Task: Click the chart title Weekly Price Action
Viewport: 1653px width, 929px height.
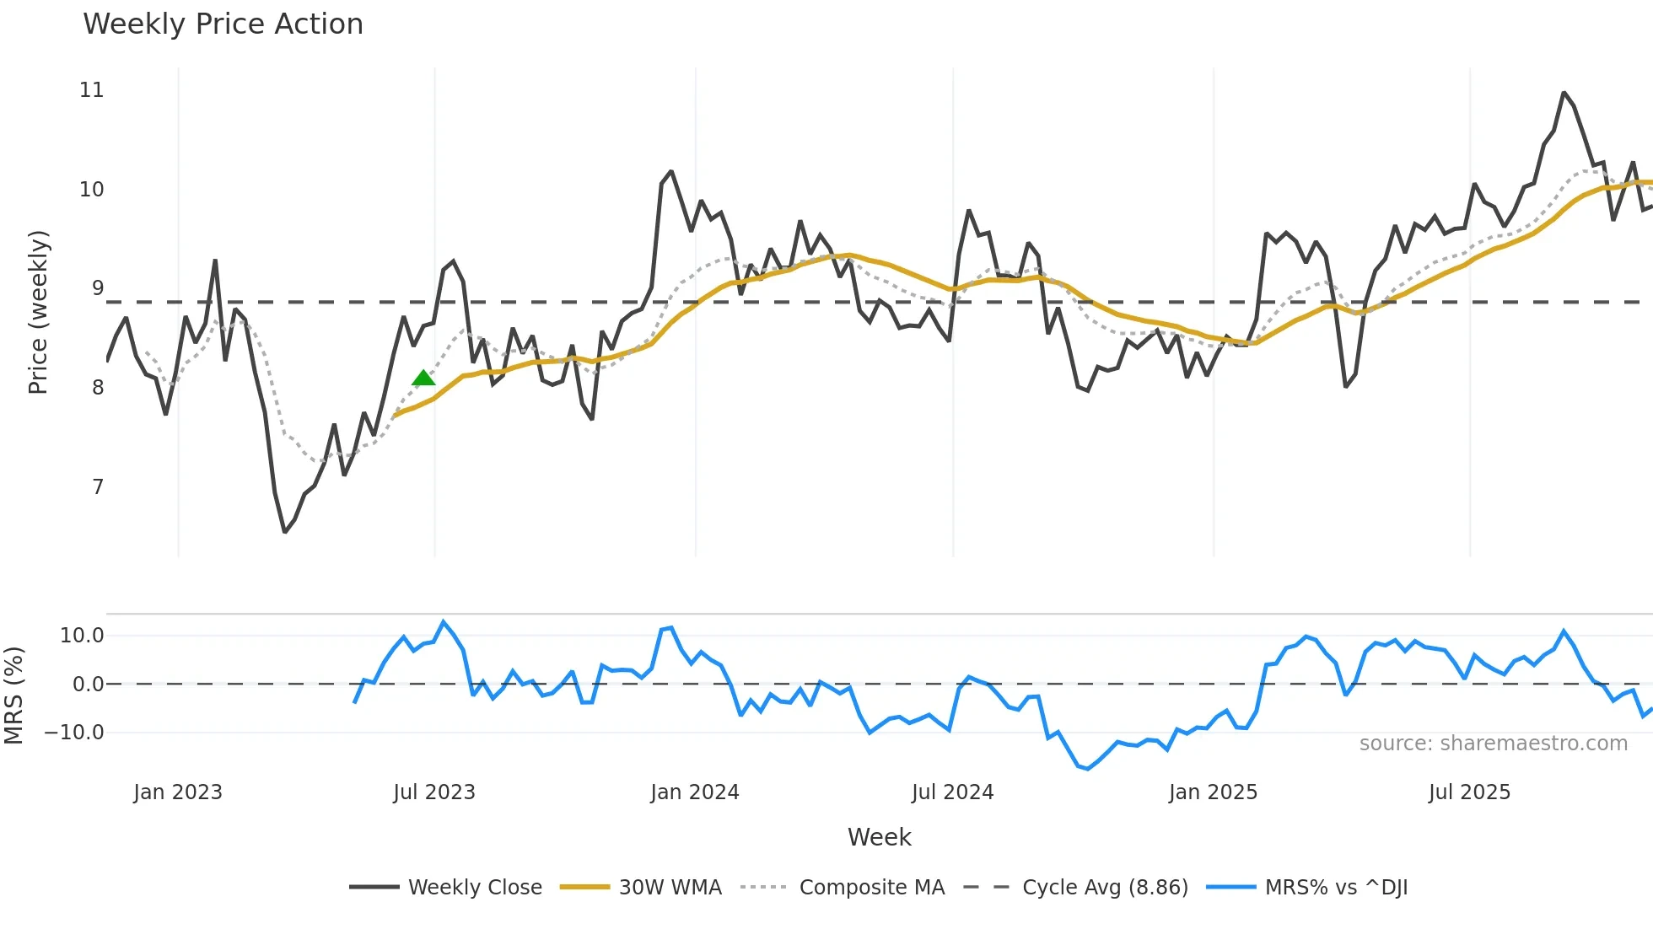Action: (223, 24)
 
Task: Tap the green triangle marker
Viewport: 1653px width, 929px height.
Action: (423, 379)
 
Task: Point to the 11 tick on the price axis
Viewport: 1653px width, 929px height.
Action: (91, 90)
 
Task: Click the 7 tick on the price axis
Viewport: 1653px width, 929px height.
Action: (98, 487)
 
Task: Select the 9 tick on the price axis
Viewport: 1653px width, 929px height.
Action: (98, 288)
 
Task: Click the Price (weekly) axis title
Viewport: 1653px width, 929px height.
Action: (39, 312)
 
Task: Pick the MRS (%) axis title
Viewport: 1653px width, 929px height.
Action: (13, 695)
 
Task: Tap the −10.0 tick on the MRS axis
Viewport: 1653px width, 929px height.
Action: (74, 733)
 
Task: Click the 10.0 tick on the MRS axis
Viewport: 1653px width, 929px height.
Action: (81, 636)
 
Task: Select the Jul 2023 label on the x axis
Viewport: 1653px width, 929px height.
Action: (434, 792)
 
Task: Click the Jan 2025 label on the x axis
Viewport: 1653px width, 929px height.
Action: (1213, 792)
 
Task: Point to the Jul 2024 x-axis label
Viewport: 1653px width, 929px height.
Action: (952, 792)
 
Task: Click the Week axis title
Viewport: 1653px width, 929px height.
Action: (879, 837)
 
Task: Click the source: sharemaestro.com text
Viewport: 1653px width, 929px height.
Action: (1493, 744)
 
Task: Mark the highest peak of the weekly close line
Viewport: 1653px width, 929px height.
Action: (1564, 93)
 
